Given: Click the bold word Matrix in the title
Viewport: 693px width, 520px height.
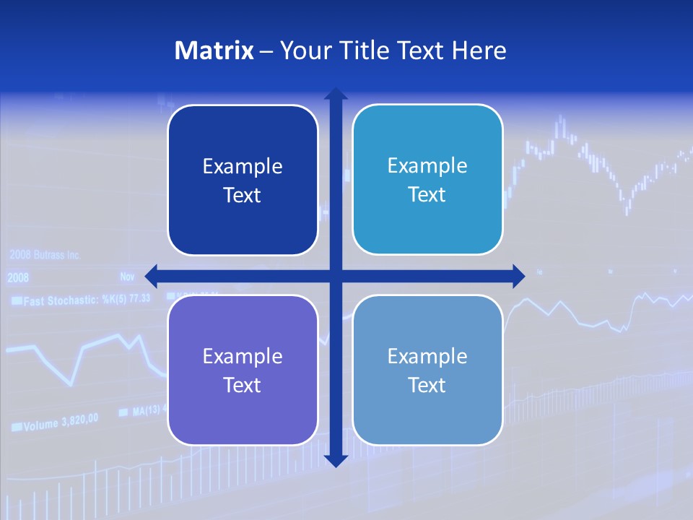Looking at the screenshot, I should click(x=214, y=51).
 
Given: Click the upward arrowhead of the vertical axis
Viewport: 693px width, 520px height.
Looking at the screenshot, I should click(x=336, y=95).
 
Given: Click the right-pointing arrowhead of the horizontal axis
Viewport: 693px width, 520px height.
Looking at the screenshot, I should click(x=518, y=275).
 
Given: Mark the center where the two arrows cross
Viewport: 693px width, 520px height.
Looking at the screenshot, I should click(x=336, y=275).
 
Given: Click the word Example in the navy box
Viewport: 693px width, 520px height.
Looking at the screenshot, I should click(x=243, y=167).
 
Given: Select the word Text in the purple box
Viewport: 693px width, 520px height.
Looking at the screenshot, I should click(x=243, y=386).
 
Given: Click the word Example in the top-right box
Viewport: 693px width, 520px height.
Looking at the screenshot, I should click(x=427, y=166).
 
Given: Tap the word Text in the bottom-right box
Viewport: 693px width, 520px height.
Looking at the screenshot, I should click(x=427, y=386).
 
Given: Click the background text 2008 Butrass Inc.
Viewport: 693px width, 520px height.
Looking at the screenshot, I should click(x=45, y=256).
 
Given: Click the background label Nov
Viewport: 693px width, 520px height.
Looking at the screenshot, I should click(x=128, y=277).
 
